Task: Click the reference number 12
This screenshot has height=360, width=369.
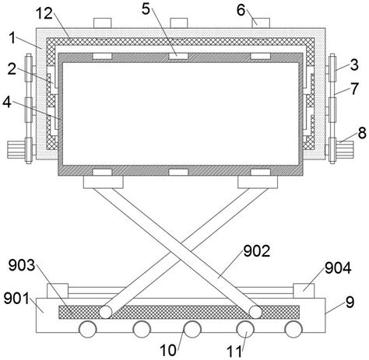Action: click(x=44, y=13)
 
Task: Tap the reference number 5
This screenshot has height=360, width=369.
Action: click(x=146, y=9)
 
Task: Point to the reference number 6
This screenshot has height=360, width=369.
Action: click(x=241, y=10)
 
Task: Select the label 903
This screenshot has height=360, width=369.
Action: click(x=22, y=265)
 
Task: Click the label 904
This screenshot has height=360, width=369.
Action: click(x=338, y=268)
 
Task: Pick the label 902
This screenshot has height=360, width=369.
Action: click(x=257, y=251)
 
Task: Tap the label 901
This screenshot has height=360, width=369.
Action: click(x=17, y=299)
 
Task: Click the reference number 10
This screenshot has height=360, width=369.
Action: click(x=168, y=351)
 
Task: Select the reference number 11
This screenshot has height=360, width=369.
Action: click(x=235, y=351)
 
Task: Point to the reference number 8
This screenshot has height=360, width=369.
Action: click(x=362, y=133)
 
